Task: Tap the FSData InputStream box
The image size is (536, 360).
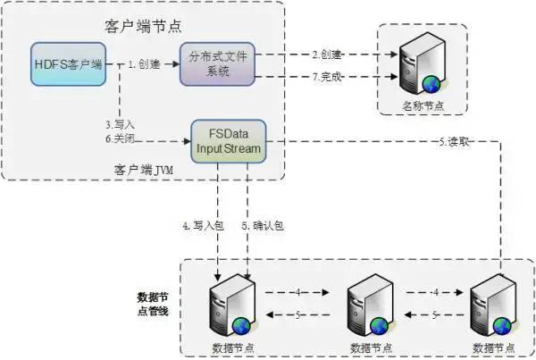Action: [x=230, y=139]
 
